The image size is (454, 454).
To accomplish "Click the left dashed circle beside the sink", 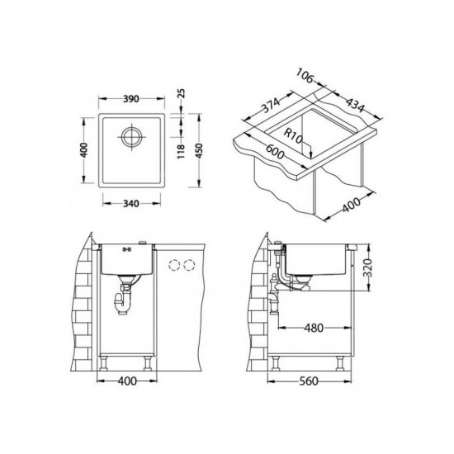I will click(175, 265).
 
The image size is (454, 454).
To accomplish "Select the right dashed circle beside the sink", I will click(191, 265).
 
